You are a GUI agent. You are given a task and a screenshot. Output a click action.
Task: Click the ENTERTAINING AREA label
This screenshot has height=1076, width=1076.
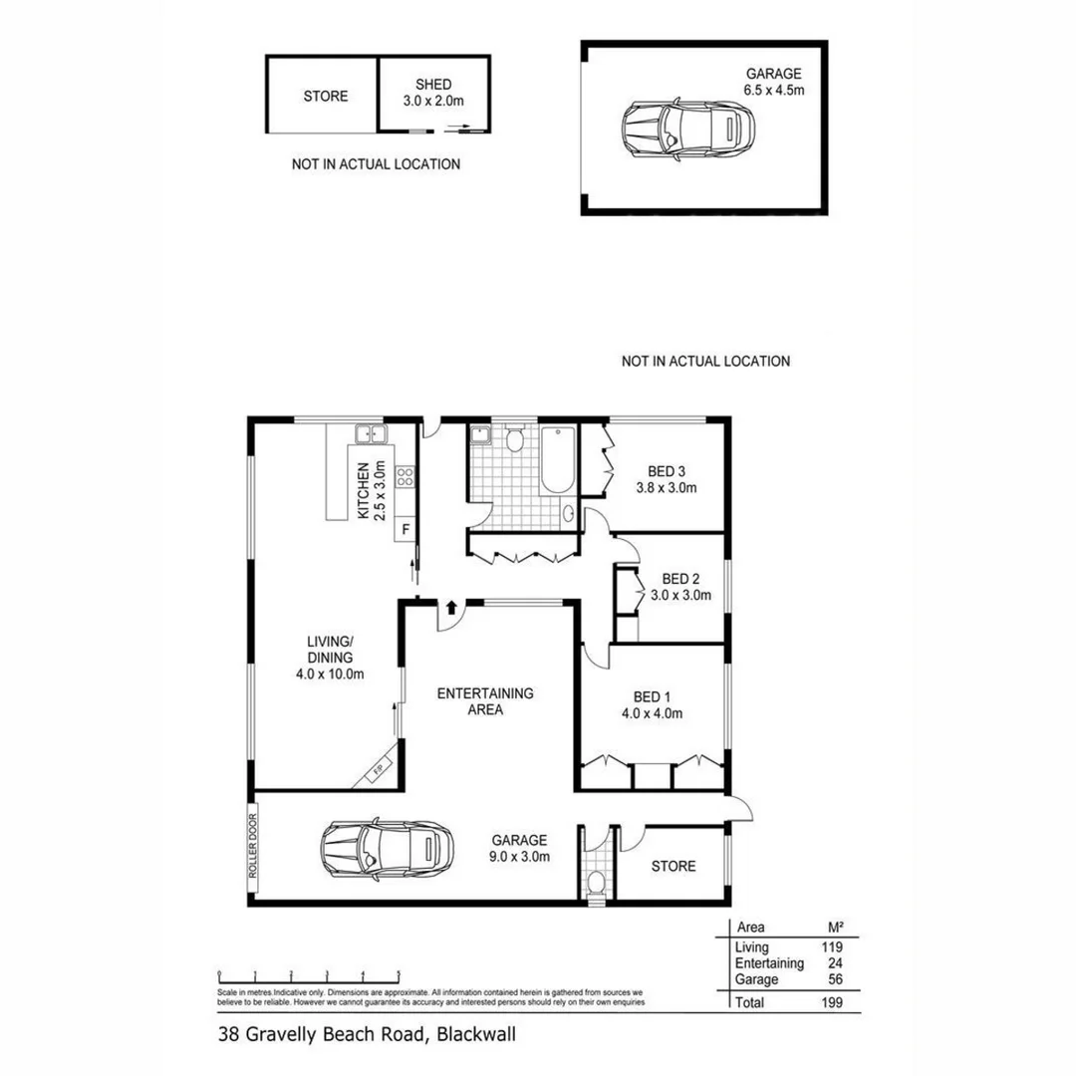click(485, 701)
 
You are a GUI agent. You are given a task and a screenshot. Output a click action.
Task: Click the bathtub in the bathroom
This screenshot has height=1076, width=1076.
click(557, 458)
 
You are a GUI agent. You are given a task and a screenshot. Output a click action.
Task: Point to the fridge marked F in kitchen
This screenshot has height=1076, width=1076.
click(405, 529)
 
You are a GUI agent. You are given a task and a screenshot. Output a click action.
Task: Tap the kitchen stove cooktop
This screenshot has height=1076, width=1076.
click(405, 477)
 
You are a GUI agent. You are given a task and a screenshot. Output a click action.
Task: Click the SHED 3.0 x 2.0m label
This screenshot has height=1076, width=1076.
click(434, 93)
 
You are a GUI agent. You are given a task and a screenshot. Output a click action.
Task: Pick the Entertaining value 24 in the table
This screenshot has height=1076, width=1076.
click(831, 963)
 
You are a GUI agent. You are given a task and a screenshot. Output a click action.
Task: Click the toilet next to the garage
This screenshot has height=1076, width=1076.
click(596, 881)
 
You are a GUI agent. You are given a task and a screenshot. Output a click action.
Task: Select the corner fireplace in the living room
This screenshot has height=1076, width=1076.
click(380, 771)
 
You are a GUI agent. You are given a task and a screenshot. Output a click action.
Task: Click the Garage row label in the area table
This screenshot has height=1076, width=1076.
click(756, 979)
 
